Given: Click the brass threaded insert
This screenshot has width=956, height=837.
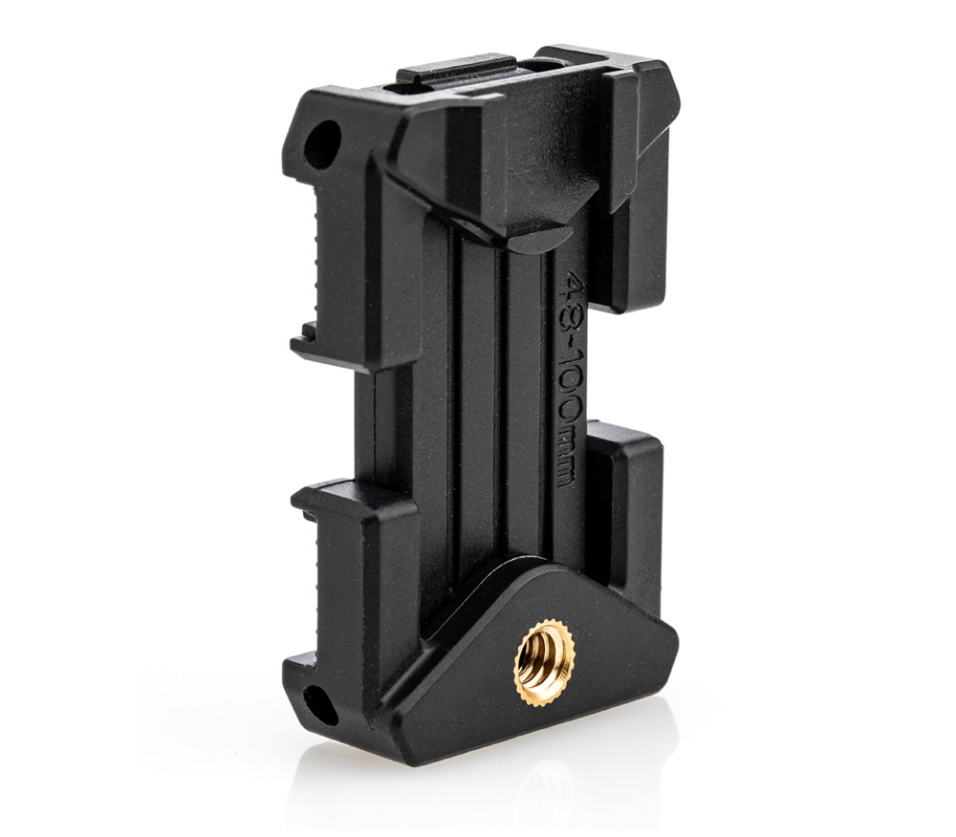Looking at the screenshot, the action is (545, 661).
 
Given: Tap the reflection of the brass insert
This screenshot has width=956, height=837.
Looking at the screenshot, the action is (545, 789).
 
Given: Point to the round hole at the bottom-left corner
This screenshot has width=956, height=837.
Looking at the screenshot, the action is (320, 704).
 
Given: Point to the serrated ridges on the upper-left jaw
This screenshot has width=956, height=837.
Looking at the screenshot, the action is (315, 256).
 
